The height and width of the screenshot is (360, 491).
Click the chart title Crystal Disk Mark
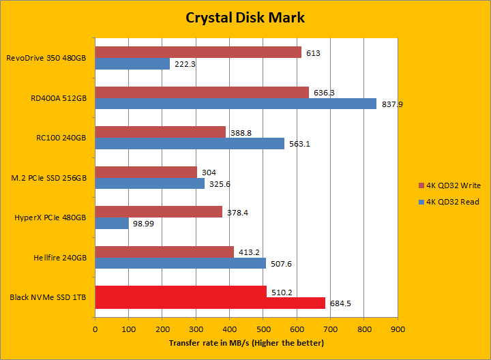(x=245, y=17)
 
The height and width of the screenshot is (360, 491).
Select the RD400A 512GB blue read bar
(x=235, y=104)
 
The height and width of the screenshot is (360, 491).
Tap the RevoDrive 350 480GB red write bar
(x=198, y=52)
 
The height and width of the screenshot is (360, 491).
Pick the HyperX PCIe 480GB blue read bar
(x=111, y=224)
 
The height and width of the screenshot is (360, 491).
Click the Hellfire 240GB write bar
(x=164, y=252)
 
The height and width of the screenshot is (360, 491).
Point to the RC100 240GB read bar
(x=190, y=143)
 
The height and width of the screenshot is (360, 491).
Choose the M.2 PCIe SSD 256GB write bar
(x=146, y=172)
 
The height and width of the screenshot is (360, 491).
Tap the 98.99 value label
(x=143, y=224)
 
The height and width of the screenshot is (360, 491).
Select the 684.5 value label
(x=340, y=303)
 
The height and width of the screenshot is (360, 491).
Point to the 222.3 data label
(x=185, y=64)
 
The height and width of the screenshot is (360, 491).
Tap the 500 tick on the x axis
(x=263, y=329)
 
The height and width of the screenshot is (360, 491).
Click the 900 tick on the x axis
(x=398, y=329)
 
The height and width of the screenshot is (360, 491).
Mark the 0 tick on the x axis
(x=95, y=329)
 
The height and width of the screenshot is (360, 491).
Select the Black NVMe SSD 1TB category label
(x=48, y=297)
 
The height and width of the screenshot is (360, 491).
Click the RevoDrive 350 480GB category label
(x=46, y=58)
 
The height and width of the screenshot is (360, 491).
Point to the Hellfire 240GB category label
(x=59, y=258)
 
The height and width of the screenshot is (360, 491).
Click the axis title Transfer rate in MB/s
(x=246, y=342)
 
